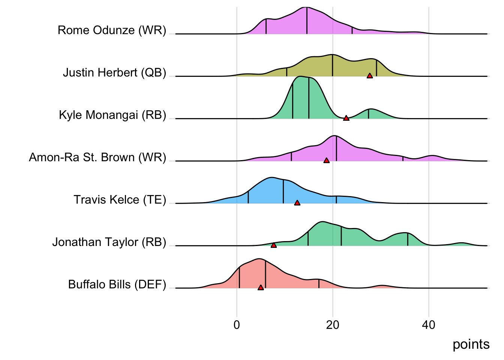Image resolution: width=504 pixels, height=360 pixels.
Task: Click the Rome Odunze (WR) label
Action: pyautogui.click(x=112, y=30)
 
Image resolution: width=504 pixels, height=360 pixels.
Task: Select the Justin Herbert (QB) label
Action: pyautogui.click(x=114, y=72)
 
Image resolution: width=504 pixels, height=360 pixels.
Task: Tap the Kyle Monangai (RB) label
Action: pyautogui.click(x=112, y=115)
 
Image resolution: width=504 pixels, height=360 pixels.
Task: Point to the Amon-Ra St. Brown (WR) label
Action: pyautogui.click(x=97, y=157)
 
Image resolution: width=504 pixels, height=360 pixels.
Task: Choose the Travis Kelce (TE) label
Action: pyautogui.click(x=120, y=199)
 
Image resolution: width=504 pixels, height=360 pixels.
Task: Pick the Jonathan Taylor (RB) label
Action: pyautogui.click(x=109, y=242)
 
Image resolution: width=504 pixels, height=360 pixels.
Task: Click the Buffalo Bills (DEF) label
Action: pyautogui.click(x=117, y=284)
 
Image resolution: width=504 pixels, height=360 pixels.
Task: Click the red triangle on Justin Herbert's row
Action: pyautogui.click(x=370, y=76)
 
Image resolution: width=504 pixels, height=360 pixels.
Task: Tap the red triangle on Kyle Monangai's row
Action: pyautogui.click(x=346, y=118)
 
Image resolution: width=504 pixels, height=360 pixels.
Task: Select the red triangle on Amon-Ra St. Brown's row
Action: pyautogui.click(x=326, y=160)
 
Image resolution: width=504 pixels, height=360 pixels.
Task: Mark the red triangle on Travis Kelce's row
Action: pyautogui.click(x=297, y=203)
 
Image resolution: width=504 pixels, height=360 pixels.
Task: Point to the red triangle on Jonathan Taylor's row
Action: pyautogui.click(x=274, y=245)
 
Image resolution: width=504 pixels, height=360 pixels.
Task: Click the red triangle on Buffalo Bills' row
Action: pyautogui.click(x=261, y=288)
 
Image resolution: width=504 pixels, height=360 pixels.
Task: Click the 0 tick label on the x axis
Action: pyautogui.click(x=237, y=325)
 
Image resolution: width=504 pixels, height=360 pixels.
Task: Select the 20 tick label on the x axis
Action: pyautogui.click(x=333, y=325)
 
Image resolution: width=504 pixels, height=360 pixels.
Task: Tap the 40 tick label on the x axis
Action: pyautogui.click(x=429, y=325)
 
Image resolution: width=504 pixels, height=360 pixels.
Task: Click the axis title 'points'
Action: pyautogui.click(x=471, y=344)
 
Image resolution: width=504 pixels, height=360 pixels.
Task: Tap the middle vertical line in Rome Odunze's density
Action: pyautogui.click(x=307, y=21)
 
